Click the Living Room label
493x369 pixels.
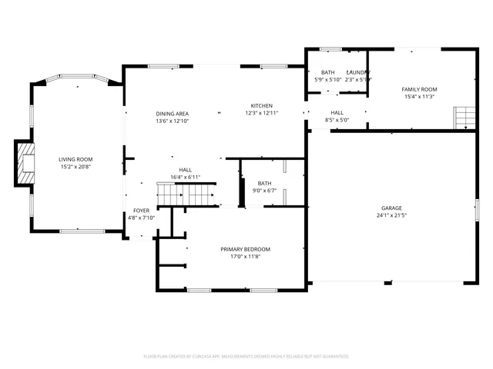75,159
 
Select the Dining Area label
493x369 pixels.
172,113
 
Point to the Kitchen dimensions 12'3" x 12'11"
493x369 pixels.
261,113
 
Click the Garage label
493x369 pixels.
391,208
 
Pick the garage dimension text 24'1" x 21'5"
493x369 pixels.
391,216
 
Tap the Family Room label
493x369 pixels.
418,89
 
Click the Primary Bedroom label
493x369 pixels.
245,249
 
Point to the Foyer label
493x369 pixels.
141,210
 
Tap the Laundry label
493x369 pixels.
358,72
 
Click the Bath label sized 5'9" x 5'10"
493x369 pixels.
327,72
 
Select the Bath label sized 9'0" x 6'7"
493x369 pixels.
264,183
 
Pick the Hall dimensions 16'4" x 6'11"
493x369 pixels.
185,177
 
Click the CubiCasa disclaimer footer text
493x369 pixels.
246,356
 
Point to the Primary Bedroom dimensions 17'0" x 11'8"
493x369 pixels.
245,257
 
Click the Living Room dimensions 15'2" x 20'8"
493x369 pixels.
75,167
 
